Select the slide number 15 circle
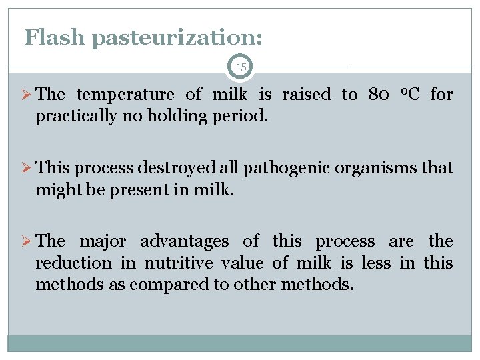[241, 67]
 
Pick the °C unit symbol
[409, 94]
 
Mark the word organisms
[375, 169]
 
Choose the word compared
[176, 285]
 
